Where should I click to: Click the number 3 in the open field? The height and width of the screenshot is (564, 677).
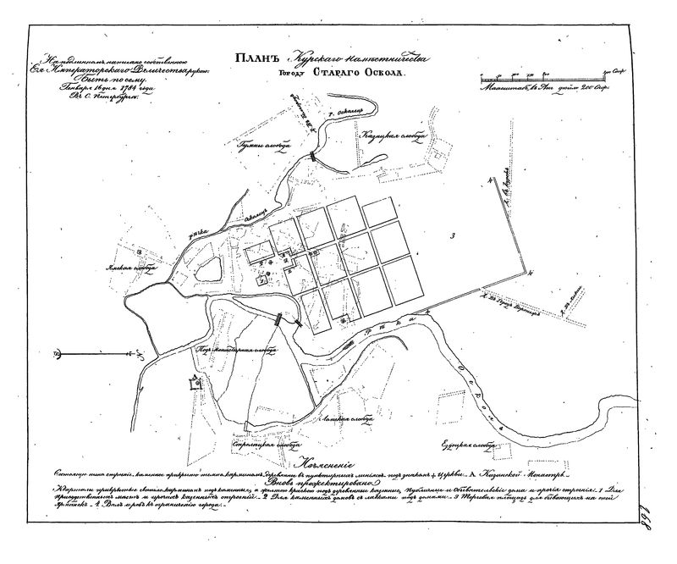click(x=454, y=234)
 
